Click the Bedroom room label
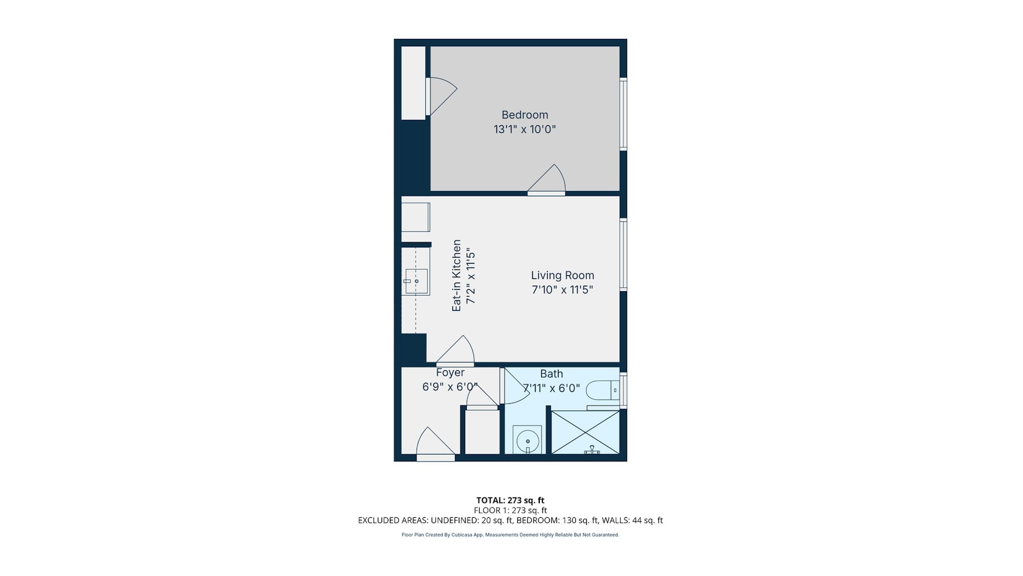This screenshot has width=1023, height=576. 524,115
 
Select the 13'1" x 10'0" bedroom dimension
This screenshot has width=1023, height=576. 524,129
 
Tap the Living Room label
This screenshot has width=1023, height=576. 562,275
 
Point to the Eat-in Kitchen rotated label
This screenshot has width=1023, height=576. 457,275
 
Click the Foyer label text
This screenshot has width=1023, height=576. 450,373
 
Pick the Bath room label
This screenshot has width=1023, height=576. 551,374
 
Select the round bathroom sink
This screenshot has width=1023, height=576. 527,441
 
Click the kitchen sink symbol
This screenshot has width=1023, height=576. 416,281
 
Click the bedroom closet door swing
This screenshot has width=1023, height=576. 441,96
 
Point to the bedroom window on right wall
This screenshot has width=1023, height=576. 623,114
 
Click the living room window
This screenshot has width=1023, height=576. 623,254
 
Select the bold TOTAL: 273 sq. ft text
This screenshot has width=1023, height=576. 510,500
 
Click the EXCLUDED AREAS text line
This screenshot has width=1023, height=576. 510,521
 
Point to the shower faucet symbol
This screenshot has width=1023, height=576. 592,450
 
